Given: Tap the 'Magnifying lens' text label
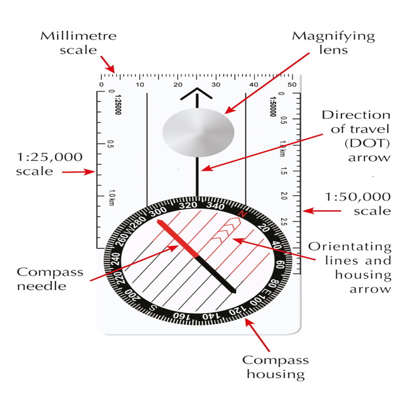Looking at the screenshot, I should pos(333,43).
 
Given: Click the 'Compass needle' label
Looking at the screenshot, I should pos(50,279).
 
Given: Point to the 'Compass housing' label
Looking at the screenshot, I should pos(275,367).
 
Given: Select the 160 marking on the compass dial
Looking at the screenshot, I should pos(182,316).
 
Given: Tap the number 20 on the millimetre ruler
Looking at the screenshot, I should pos(178,85).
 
